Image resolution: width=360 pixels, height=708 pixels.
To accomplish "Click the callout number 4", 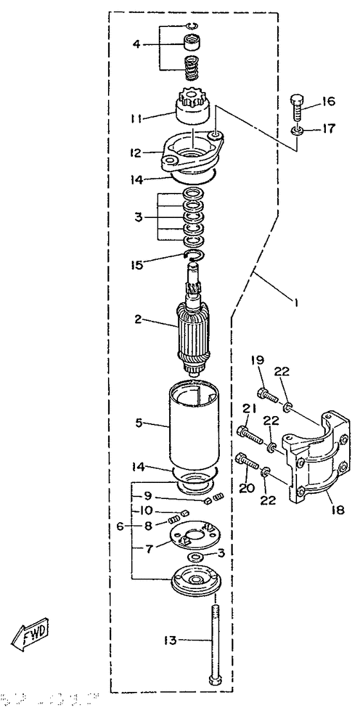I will coord(136,44).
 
